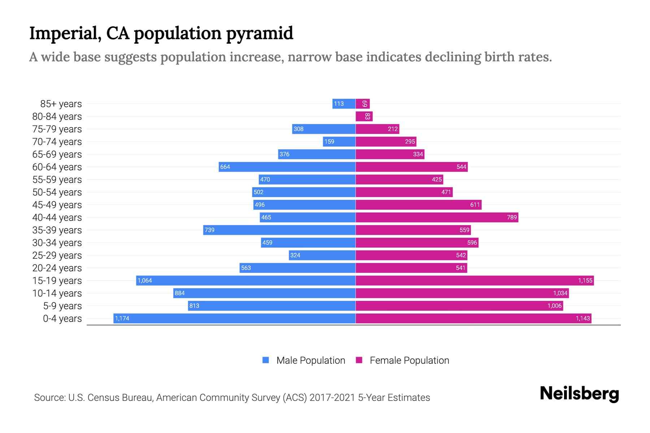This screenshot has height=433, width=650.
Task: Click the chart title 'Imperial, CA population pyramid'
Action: click(x=161, y=33)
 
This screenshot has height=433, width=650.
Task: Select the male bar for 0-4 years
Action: click(x=235, y=318)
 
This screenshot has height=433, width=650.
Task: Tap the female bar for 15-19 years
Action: click(x=474, y=280)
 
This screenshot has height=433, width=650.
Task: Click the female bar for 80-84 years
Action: click(x=364, y=116)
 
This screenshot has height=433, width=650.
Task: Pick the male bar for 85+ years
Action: click(x=344, y=104)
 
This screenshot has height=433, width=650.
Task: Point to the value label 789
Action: click(x=512, y=217)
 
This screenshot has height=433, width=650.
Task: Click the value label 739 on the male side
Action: click(x=209, y=230)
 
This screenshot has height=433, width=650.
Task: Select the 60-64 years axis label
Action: click(x=57, y=167)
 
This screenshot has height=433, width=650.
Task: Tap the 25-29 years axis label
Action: click(x=57, y=255)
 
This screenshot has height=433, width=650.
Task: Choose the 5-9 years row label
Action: click(x=62, y=306)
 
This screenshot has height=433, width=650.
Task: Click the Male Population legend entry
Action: click(x=304, y=360)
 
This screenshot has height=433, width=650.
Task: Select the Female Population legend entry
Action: click(x=403, y=360)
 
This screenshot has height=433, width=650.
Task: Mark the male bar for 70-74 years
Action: click(x=339, y=141)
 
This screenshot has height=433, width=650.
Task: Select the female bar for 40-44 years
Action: click(x=437, y=217)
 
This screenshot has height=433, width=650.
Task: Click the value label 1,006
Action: click(x=554, y=306)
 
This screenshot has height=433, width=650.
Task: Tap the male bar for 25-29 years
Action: click(x=322, y=255)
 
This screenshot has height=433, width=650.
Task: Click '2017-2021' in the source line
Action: click(x=332, y=397)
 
